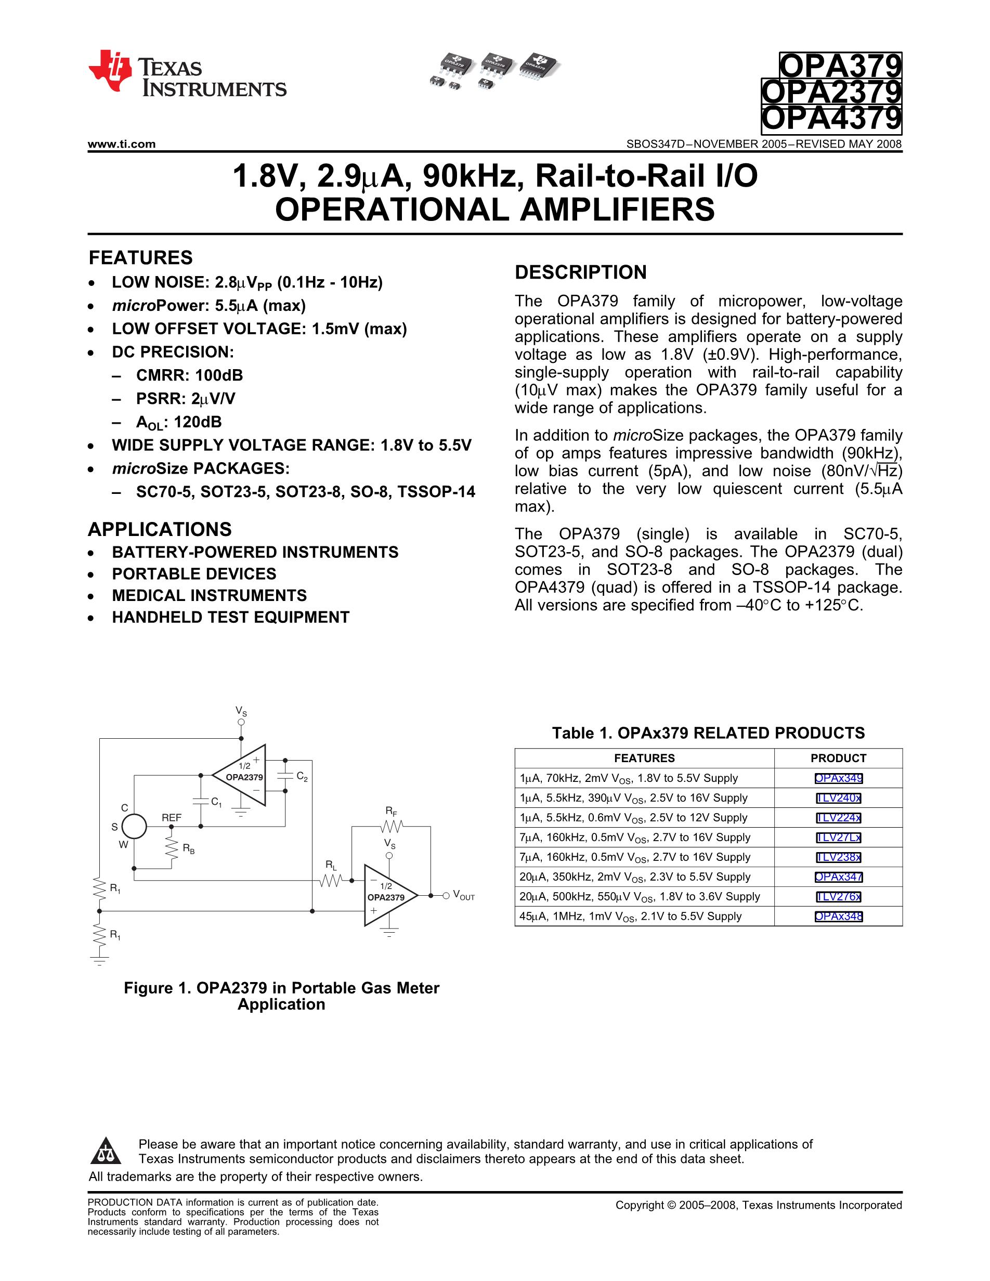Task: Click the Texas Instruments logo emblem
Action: tap(110, 71)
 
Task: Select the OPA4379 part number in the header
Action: tap(831, 120)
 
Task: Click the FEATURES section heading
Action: tap(140, 257)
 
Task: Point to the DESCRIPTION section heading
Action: tap(581, 272)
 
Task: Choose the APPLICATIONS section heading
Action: tap(160, 529)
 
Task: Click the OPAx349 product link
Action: tap(838, 778)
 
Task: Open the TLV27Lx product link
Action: tap(838, 838)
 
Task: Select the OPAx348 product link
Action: tap(838, 916)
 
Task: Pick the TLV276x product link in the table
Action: tap(838, 897)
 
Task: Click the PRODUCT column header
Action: tap(838, 758)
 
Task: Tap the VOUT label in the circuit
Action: tap(463, 896)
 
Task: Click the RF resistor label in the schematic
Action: tap(391, 812)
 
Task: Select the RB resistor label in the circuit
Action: tap(188, 848)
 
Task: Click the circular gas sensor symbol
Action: tap(134, 827)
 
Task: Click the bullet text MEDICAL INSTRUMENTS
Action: tap(210, 595)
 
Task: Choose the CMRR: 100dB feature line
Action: tap(189, 375)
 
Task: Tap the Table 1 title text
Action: tap(708, 733)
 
